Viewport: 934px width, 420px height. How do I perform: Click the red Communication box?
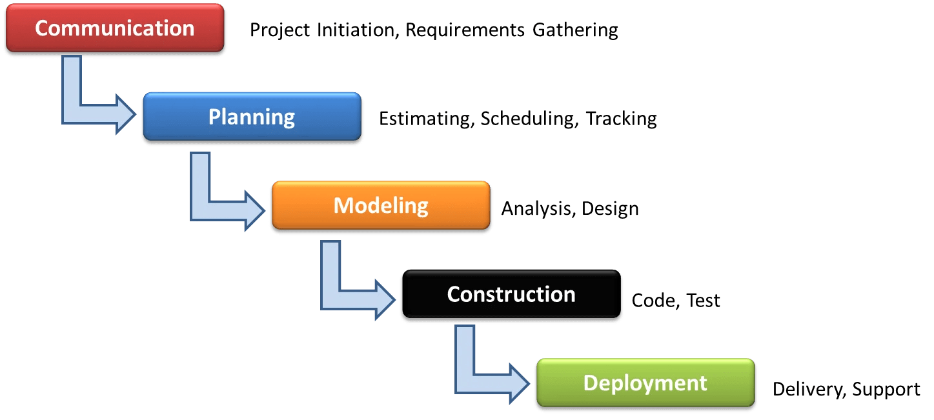click(114, 29)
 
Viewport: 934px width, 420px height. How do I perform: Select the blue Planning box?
click(252, 117)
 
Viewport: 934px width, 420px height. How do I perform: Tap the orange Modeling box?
click(381, 205)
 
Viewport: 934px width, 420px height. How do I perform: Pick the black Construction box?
click(511, 295)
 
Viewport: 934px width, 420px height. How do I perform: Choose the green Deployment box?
click(645, 383)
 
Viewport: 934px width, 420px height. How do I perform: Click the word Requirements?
click(465, 30)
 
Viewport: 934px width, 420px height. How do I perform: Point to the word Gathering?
click(575, 30)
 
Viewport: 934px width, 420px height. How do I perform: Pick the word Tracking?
click(622, 119)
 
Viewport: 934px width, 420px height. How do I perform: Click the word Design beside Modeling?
click(610, 209)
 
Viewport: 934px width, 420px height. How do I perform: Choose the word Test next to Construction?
click(703, 301)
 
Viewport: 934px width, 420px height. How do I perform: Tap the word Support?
click(886, 390)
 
